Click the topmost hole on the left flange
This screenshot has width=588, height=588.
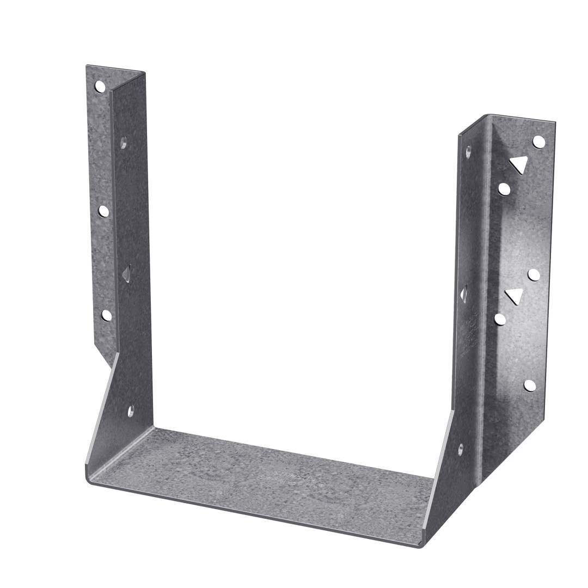point(100,86)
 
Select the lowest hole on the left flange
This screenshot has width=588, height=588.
point(106,315)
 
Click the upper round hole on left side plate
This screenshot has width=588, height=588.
point(124,143)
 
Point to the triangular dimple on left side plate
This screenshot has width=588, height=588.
point(126,274)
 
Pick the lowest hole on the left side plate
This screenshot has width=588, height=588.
point(131,409)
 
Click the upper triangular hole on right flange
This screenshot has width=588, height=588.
point(518,164)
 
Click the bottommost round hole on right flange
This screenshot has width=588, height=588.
point(529,385)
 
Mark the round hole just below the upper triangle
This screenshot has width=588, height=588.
point(504,189)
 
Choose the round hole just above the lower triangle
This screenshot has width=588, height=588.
point(534,275)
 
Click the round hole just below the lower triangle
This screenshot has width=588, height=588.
point(500,318)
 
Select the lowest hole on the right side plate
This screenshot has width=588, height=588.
point(461,450)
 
